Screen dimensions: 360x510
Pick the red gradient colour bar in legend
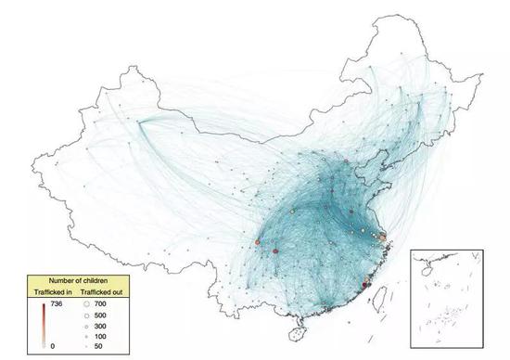[43, 324]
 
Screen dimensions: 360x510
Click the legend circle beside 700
[86, 303]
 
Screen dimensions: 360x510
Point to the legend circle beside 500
[86, 315]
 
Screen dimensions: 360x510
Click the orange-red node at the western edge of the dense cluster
[258, 242]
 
